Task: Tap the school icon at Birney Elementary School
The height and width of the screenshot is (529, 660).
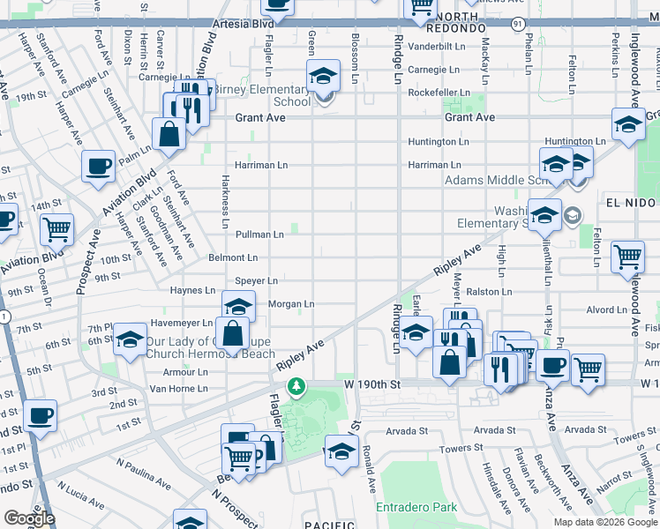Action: (323, 77)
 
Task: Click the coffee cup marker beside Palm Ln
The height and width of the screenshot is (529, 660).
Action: (98, 165)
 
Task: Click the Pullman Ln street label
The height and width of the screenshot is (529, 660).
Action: (259, 235)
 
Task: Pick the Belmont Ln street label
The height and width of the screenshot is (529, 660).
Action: (233, 258)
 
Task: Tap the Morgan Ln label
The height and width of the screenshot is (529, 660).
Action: (291, 304)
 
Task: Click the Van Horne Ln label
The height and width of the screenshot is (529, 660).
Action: (179, 389)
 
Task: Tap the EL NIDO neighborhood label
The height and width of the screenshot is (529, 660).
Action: (628, 203)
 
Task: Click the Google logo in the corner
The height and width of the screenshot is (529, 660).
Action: (29, 518)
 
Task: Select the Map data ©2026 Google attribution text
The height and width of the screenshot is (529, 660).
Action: (604, 522)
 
